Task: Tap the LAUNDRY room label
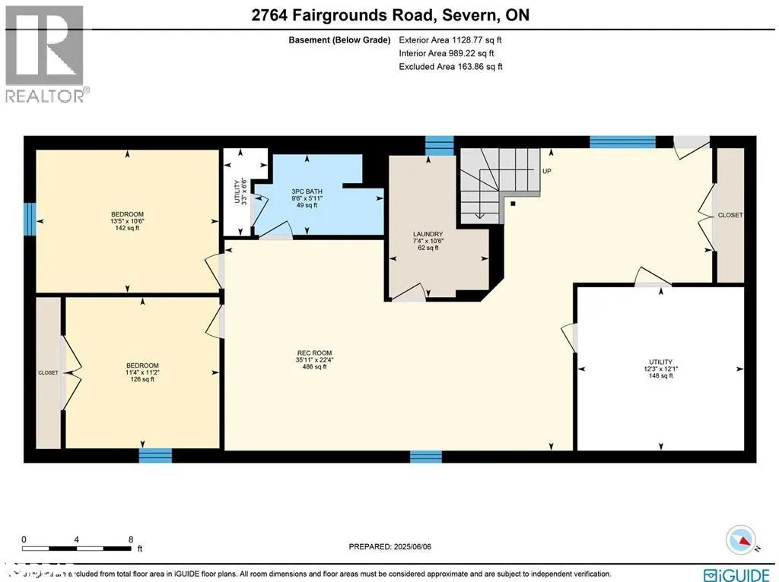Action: (423, 233)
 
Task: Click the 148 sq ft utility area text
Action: (660, 375)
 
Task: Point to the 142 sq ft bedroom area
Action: (127, 226)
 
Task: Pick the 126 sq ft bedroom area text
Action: (141, 380)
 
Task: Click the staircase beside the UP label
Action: (494, 182)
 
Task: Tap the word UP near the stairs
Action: (547, 172)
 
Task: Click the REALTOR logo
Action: (45, 53)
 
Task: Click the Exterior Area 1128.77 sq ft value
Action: (450, 40)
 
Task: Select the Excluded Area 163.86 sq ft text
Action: (450, 67)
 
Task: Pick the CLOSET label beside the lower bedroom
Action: (48, 373)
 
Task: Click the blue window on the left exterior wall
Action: (29, 218)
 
